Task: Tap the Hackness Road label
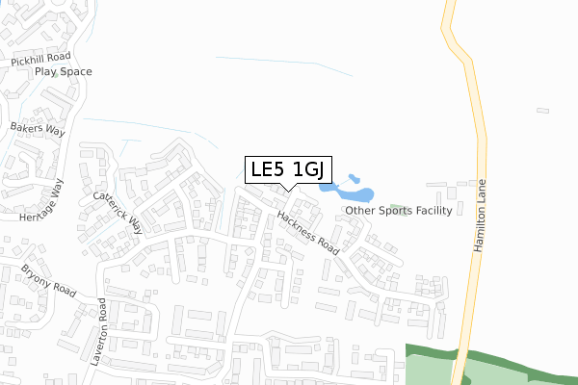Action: (308, 232)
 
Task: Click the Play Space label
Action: (63, 72)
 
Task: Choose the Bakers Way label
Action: (36, 128)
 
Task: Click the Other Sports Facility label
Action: (398, 210)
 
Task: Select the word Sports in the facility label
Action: (397, 210)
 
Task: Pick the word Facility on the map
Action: (434, 210)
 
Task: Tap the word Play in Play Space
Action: (46, 72)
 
